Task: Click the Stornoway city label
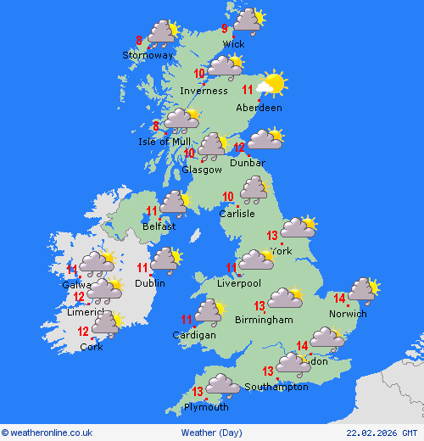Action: (148, 55)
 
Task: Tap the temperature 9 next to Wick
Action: (224, 29)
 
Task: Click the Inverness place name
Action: (204, 91)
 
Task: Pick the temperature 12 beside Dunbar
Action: (239, 148)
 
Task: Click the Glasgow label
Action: (201, 170)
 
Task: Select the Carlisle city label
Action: (237, 214)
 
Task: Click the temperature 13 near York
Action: (272, 236)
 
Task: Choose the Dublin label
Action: (151, 282)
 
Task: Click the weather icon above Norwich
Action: (363, 289)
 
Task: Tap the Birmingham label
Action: (265, 320)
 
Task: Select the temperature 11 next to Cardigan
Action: (187, 320)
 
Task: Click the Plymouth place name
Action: (206, 407)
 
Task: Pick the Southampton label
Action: (276, 387)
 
